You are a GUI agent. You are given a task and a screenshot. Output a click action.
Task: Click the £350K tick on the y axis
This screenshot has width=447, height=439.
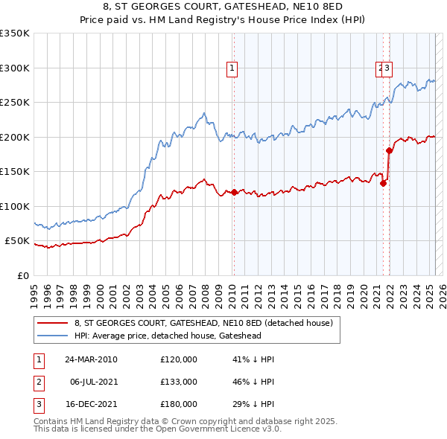coord(14,33)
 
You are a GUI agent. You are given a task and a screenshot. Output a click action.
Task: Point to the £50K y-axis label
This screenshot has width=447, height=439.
coord(16,241)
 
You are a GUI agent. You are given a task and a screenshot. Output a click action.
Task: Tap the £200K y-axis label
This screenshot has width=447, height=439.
coord(14,137)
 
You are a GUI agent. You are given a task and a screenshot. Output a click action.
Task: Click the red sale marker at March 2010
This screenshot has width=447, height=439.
coord(234,192)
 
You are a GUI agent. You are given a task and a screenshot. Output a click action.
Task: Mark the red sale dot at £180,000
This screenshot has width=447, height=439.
coord(389,150)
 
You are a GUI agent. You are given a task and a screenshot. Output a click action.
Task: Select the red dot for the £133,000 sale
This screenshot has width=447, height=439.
coord(383,183)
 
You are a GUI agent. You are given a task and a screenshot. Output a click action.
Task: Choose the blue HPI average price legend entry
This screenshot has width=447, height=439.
coord(180,336)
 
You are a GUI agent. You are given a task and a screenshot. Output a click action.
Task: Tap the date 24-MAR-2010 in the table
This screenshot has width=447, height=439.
coord(92,359)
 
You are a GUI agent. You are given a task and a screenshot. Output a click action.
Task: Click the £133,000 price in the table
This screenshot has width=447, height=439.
coord(179,382)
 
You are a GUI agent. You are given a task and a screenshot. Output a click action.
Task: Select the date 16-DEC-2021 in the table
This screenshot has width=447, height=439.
coord(92,404)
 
